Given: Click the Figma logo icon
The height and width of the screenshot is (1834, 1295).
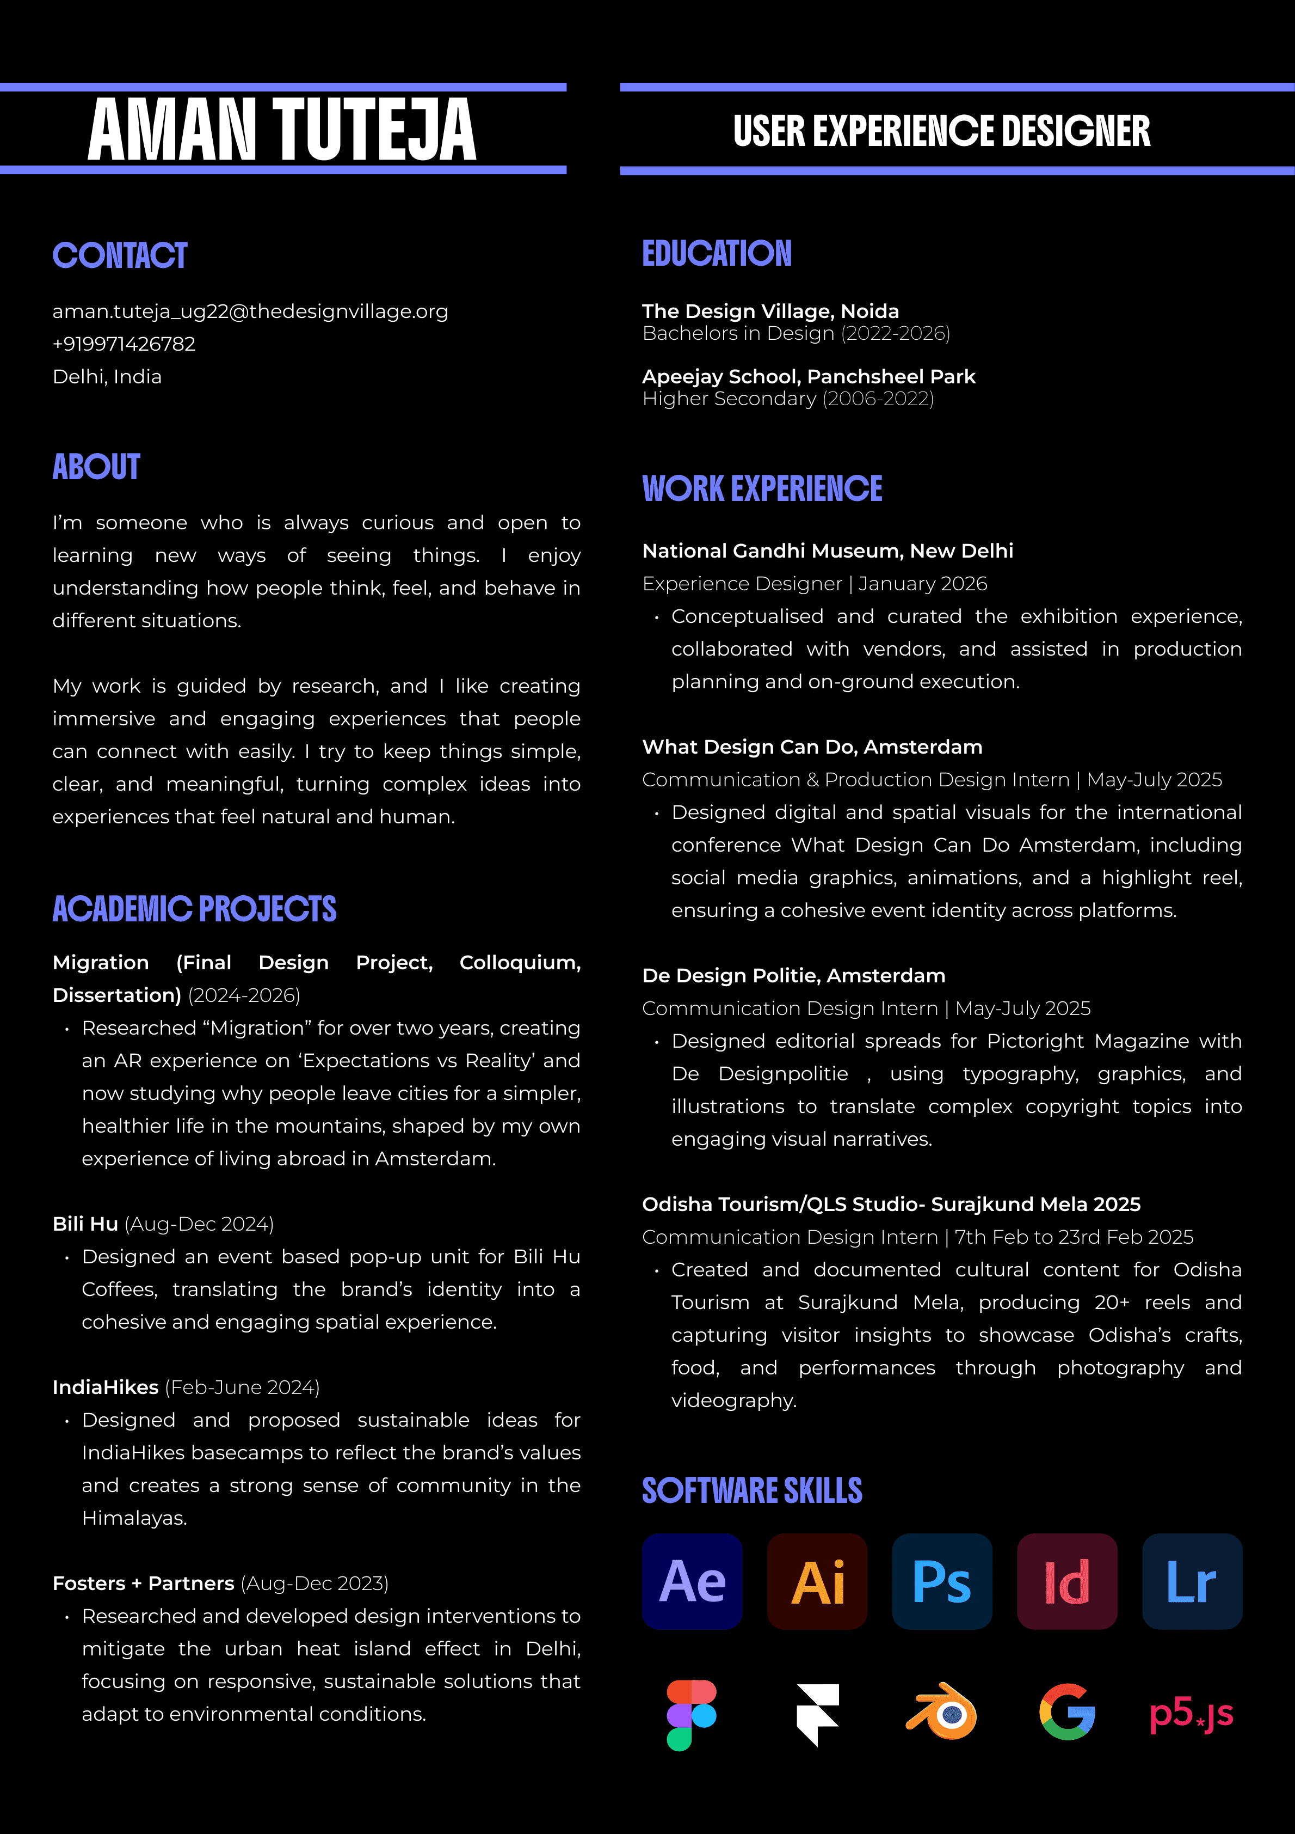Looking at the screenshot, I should (692, 1714).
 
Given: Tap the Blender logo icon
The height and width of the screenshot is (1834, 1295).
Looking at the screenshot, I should (942, 1712).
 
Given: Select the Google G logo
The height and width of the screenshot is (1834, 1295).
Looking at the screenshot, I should (1066, 1712).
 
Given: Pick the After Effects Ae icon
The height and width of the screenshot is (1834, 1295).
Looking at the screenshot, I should (692, 1581).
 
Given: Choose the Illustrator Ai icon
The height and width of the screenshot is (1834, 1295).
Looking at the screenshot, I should (817, 1581).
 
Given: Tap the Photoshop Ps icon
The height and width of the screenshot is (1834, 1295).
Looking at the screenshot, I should (942, 1581).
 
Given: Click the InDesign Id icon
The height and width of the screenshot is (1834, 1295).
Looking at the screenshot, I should (1066, 1581).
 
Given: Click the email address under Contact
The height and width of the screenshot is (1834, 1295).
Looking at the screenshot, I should (250, 311).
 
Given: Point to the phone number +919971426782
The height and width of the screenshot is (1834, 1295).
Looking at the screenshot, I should (124, 344).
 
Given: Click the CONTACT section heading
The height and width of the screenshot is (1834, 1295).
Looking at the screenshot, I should (120, 255).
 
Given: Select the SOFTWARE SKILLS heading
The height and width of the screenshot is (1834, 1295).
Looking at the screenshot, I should (752, 1490).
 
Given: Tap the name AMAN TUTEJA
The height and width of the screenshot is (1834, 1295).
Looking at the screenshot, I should (282, 130).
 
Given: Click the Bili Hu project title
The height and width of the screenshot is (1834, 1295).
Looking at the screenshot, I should (85, 1224).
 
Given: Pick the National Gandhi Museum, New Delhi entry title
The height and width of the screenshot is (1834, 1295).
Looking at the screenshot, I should (827, 551).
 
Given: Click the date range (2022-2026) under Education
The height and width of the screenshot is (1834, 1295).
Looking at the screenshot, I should (895, 333).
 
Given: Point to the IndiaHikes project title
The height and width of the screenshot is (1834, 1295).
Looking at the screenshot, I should (106, 1387).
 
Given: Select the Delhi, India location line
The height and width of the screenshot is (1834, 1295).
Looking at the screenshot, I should (107, 377).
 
